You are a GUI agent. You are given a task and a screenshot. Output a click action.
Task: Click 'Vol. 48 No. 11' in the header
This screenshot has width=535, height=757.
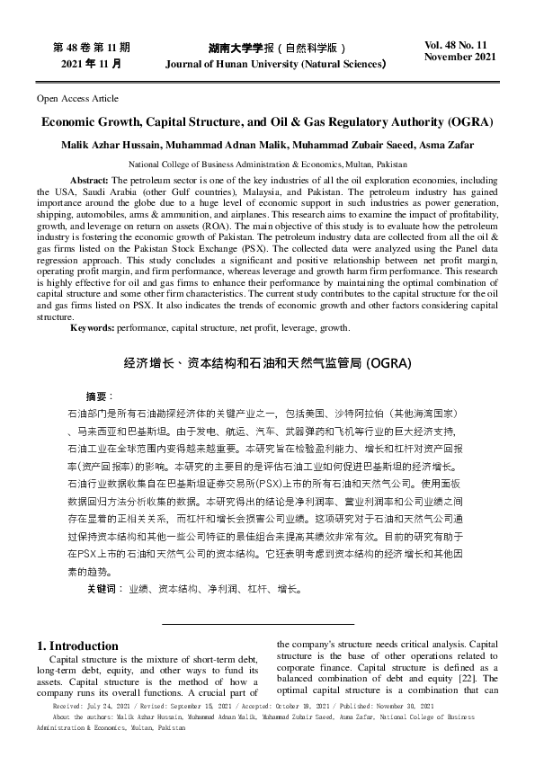point(458,44)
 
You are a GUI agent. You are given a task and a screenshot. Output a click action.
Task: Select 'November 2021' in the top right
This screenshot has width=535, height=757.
point(459,57)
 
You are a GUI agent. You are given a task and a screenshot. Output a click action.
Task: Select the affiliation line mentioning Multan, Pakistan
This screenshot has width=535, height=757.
point(267,165)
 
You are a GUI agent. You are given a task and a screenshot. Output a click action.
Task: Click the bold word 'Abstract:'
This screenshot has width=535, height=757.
point(89,181)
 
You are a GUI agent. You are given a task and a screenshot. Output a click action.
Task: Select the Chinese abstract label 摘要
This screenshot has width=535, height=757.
point(99,396)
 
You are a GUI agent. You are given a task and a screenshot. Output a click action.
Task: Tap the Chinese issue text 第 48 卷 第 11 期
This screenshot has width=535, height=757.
point(92,46)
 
